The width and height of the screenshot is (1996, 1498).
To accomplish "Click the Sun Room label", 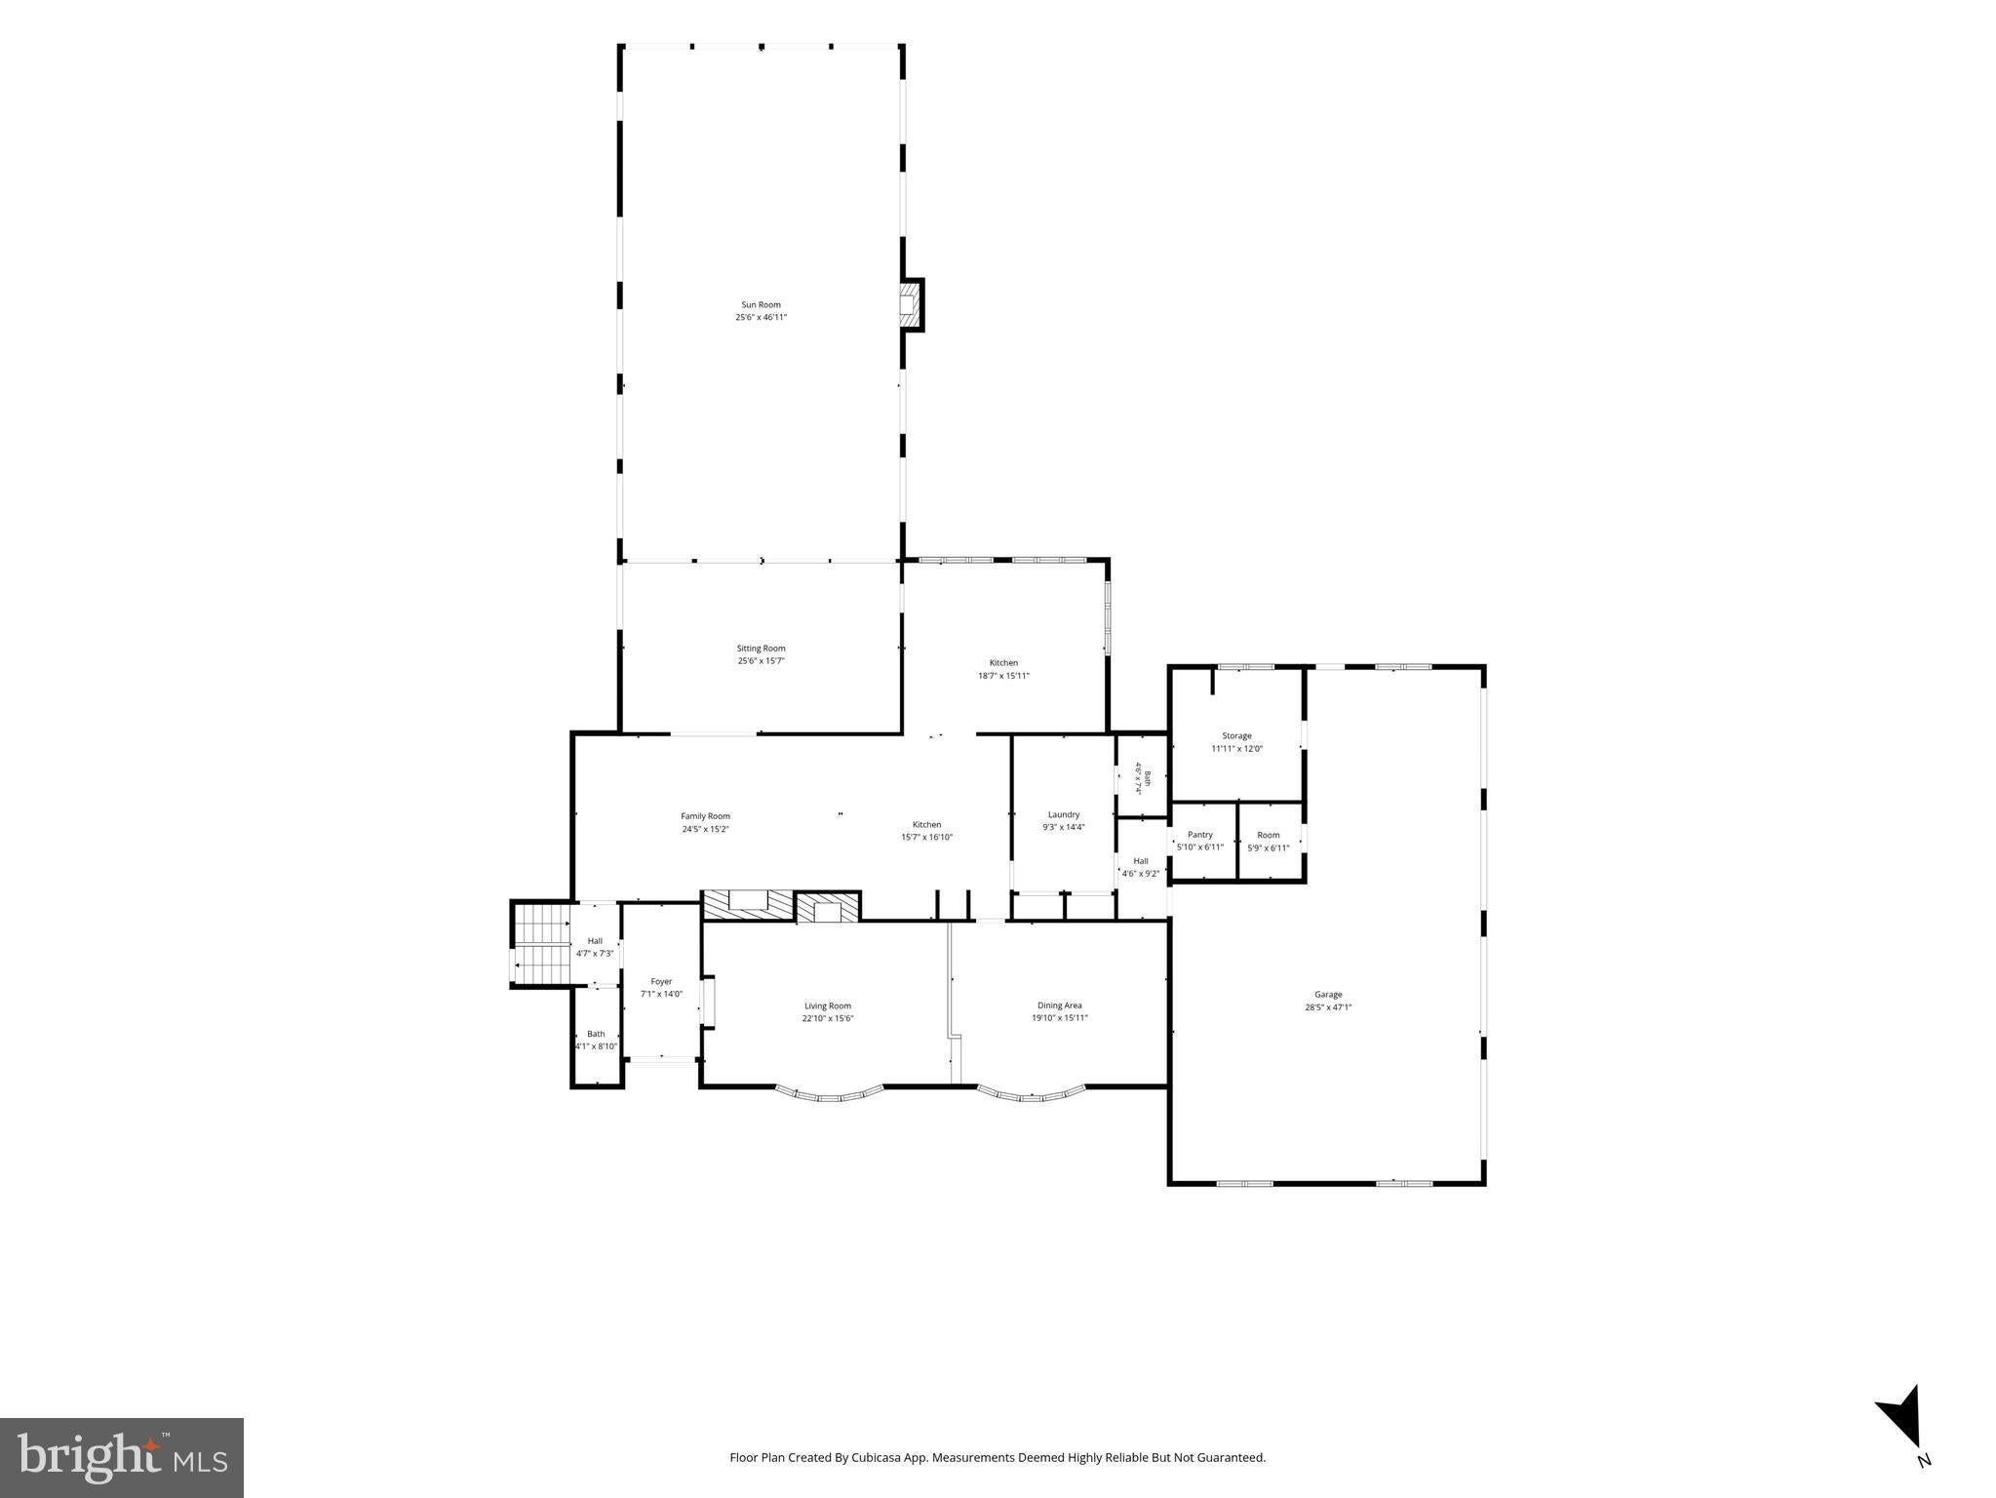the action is click(x=761, y=304).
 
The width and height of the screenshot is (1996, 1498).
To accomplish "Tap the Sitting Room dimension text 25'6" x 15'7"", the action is click(x=761, y=661).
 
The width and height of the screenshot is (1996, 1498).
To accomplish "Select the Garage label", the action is click(x=1328, y=995).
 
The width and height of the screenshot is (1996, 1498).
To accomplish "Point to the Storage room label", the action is click(x=1236, y=736).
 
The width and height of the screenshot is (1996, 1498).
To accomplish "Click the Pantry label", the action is click(x=1200, y=835).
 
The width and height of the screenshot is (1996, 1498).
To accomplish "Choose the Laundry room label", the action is click(x=1064, y=814).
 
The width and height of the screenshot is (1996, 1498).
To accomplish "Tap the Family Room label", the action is click(x=705, y=816).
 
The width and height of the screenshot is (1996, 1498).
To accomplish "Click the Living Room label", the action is click(x=828, y=1005).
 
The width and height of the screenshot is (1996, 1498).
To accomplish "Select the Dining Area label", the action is click(x=1060, y=1005).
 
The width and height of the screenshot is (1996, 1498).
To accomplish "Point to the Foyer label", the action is click(x=661, y=981).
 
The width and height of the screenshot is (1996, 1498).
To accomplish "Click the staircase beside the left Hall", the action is click(x=541, y=944).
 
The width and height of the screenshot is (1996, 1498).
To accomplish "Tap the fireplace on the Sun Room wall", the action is click(x=910, y=304).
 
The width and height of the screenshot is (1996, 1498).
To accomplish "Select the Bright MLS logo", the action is click(x=122, y=1457).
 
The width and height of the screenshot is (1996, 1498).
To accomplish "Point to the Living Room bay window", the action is click(x=830, y=1093).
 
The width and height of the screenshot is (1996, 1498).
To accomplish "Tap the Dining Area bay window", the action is click(x=1031, y=1093).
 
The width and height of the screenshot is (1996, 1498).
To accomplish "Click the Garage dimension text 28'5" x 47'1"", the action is click(x=1328, y=1007).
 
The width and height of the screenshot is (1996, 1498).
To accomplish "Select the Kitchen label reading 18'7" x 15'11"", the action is click(x=1003, y=669).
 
